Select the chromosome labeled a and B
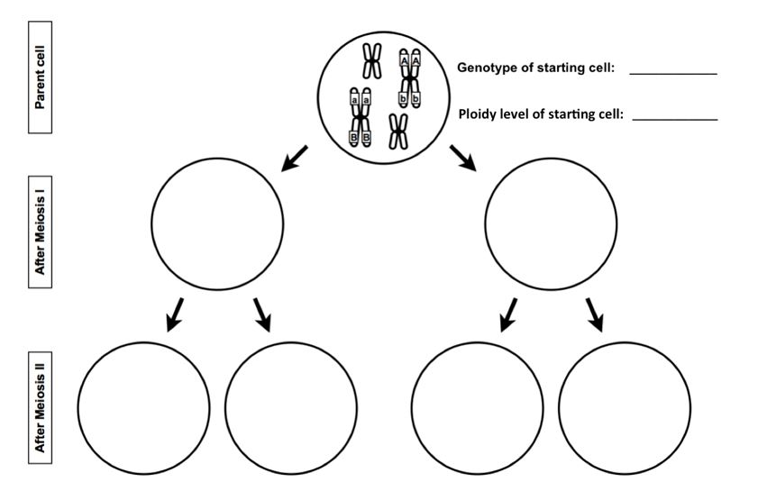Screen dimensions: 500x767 click(x=360, y=118)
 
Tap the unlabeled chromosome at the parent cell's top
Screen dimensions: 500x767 click(x=371, y=62)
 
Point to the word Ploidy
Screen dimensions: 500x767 click(x=479, y=114)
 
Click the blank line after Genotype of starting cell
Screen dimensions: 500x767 click(x=672, y=72)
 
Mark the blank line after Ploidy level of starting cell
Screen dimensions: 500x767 click(x=674, y=119)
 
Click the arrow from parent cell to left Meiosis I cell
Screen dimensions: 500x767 click(x=295, y=158)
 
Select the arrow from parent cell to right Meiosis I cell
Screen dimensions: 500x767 click(x=463, y=159)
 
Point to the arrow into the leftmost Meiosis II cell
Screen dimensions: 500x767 click(x=177, y=314)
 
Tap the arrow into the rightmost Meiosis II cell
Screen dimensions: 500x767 click(x=595, y=314)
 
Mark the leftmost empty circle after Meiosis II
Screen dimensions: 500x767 click(x=143, y=407)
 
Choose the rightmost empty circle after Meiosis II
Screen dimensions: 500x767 click(x=625, y=407)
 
